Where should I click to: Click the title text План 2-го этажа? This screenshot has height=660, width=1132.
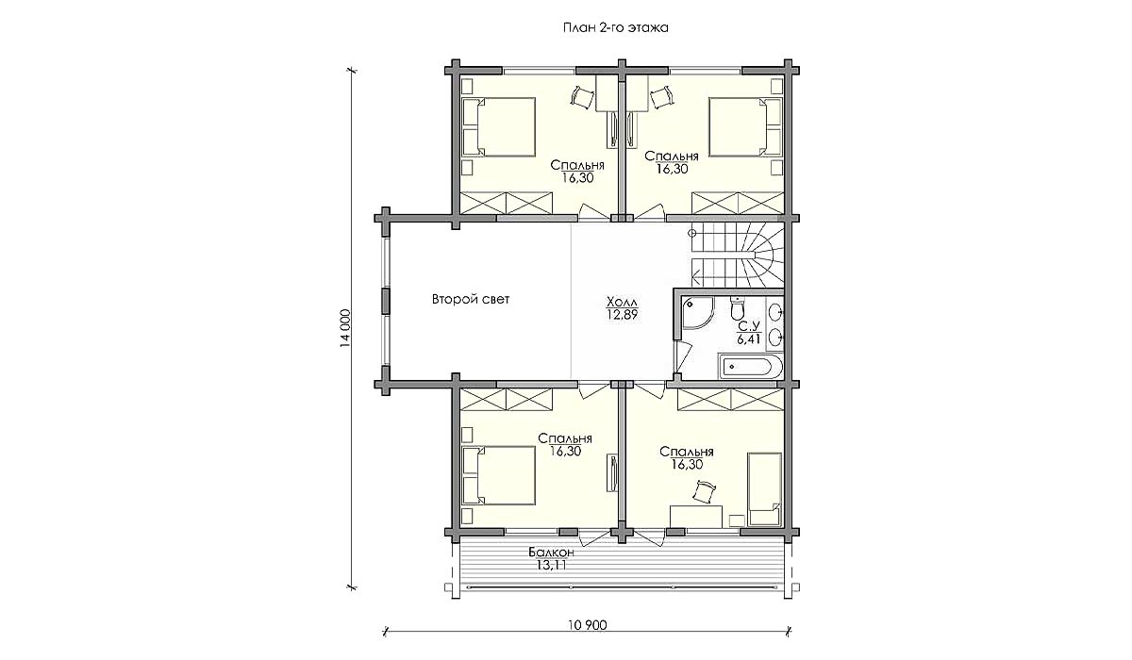click(x=615, y=27)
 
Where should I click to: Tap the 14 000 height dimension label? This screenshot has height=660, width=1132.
click(x=345, y=329)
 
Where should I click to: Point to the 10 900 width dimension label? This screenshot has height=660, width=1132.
click(x=587, y=625)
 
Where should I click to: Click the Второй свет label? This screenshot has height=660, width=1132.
click(x=471, y=299)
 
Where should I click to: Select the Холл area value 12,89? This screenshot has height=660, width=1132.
click(x=622, y=315)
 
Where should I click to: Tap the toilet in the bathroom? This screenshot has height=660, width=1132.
click(x=738, y=307)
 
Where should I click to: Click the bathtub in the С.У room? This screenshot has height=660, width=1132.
click(x=749, y=367)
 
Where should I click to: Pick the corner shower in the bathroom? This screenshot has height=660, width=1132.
click(x=697, y=313)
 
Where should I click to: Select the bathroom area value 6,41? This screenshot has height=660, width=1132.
click(x=748, y=338)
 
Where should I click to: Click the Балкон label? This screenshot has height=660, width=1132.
click(x=551, y=552)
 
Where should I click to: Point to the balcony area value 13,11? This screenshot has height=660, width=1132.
click(x=551, y=565)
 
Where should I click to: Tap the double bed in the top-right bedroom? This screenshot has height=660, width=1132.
click(x=745, y=126)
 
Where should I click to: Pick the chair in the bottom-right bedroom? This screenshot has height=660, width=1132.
click(x=705, y=492)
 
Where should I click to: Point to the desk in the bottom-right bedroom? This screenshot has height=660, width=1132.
click(x=695, y=516)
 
